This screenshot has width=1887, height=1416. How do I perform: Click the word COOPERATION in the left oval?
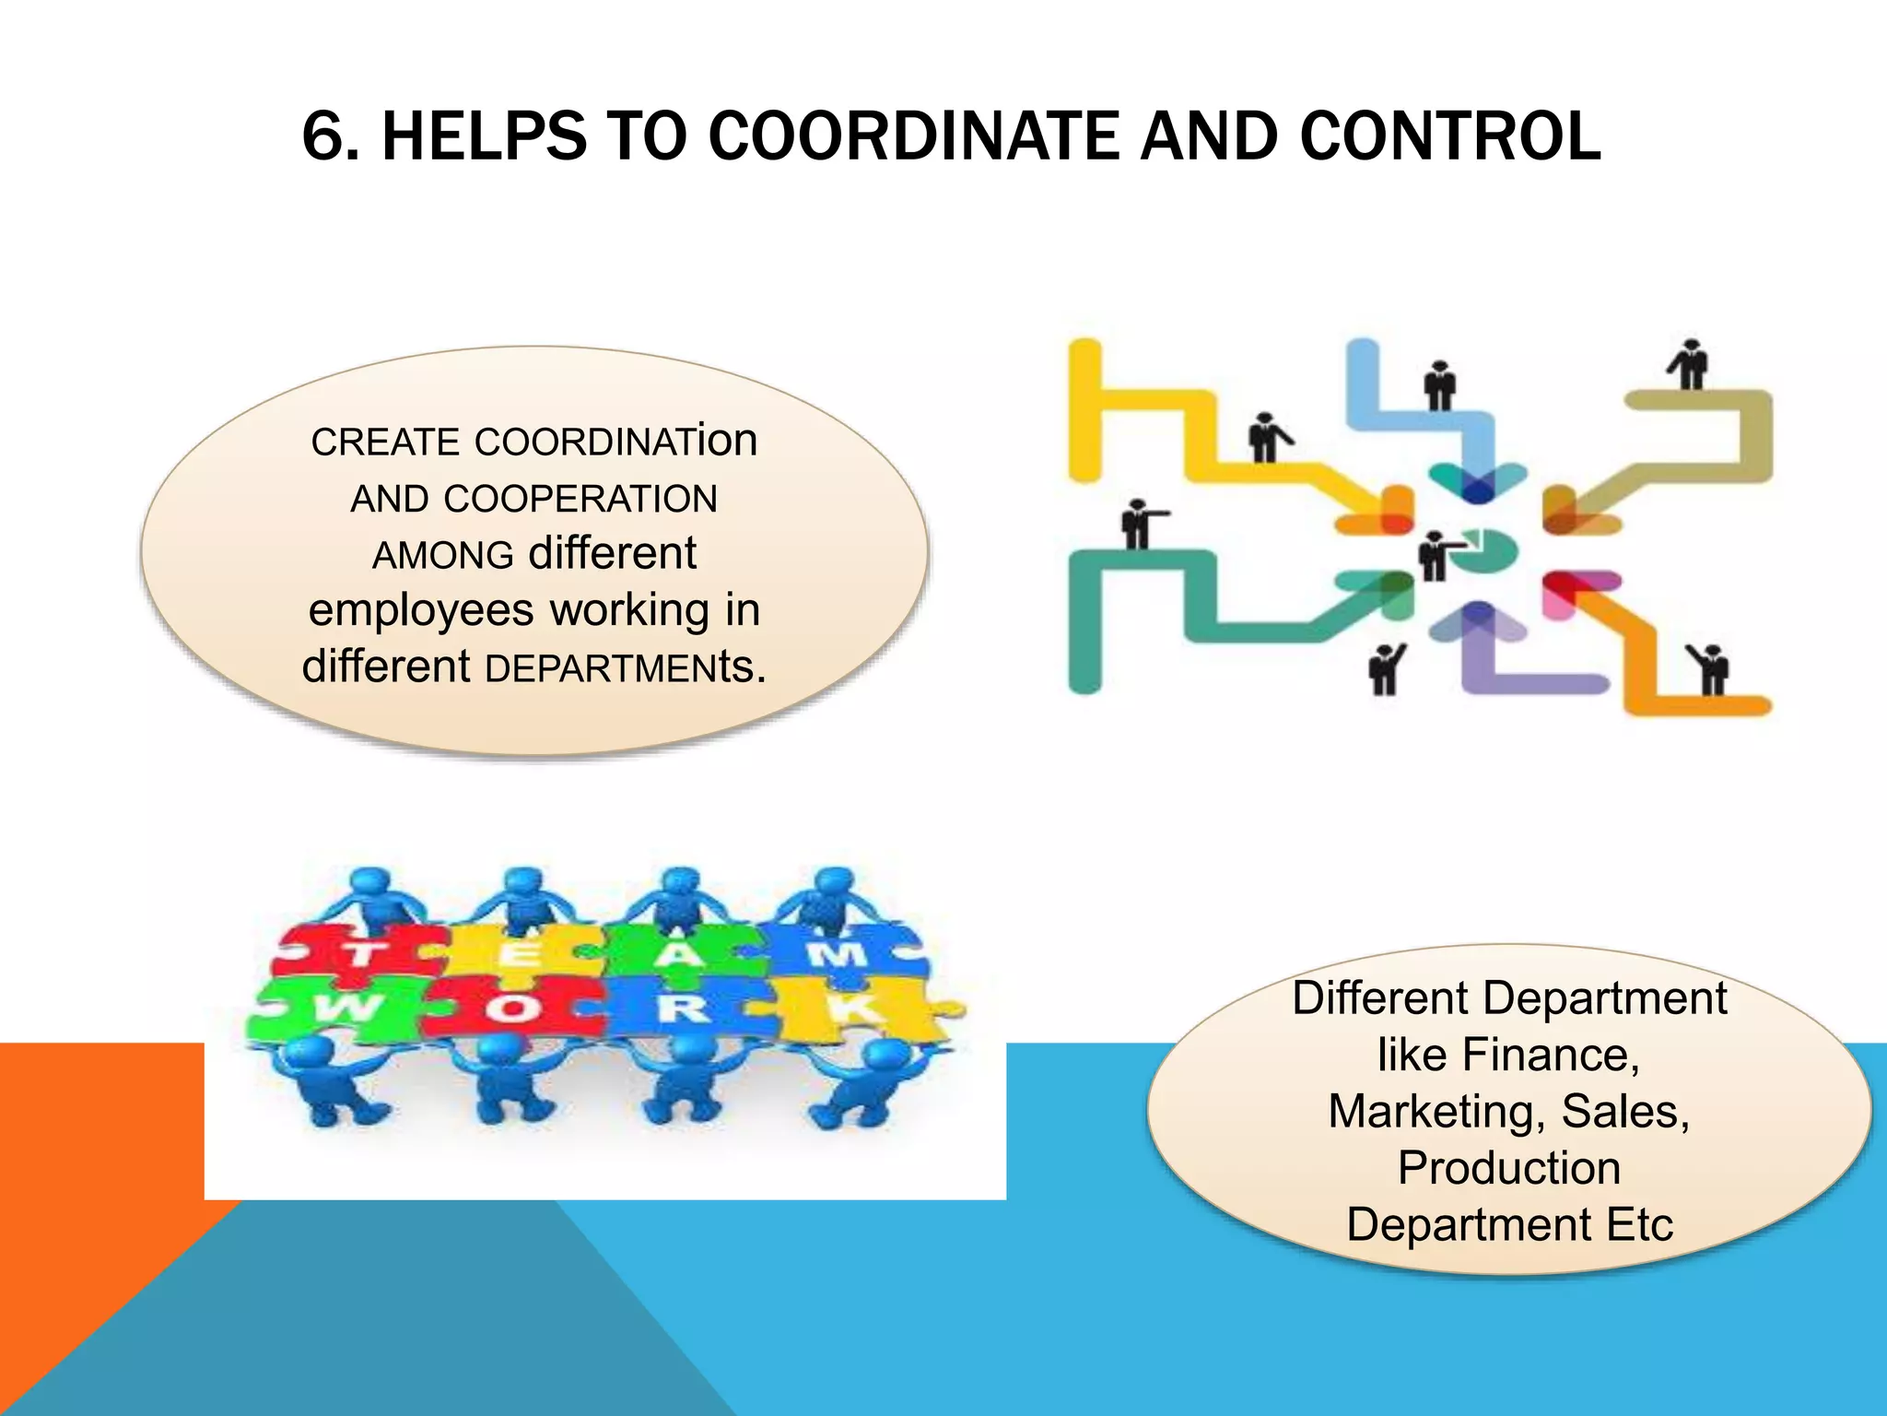(x=580, y=499)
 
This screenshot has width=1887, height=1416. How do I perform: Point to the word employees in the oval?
(x=421, y=610)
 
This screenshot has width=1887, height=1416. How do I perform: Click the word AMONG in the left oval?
(x=442, y=556)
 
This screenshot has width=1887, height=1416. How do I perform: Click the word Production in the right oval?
(x=1508, y=1168)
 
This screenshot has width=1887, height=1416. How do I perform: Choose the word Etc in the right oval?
(x=1639, y=1225)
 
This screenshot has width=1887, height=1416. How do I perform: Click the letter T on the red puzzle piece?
(x=362, y=954)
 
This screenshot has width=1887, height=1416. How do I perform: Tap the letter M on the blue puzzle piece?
(x=836, y=952)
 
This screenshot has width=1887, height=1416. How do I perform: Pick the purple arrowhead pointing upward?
(x=1478, y=623)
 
